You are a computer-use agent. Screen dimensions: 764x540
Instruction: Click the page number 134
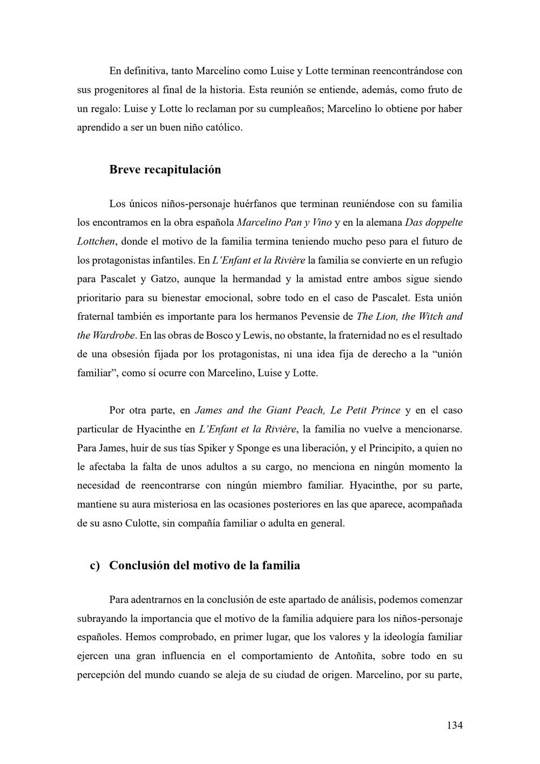(x=454, y=725)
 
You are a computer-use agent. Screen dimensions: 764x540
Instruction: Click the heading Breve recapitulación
(x=165, y=170)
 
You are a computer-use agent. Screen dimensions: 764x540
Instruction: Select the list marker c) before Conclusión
(x=95, y=565)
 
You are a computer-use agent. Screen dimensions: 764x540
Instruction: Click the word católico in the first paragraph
(x=224, y=127)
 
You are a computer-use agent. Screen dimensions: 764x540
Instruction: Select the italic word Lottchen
(x=96, y=241)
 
